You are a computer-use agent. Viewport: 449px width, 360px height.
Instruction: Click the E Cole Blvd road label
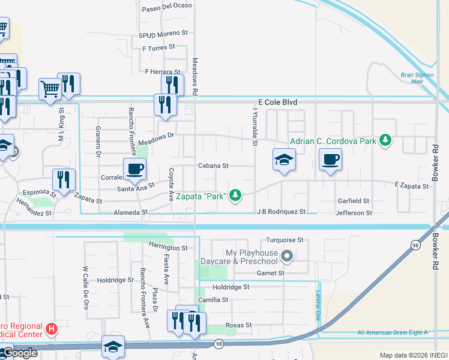click(x=278, y=103)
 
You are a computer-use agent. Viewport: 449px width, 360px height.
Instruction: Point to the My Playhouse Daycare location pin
click(x=287, y=257)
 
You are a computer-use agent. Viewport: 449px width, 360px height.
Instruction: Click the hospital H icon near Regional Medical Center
click(x=52, y=329)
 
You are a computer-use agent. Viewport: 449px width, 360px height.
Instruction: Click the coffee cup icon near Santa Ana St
click(x=134, y=168)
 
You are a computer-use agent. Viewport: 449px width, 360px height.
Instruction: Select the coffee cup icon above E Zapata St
click(x=330, y=160)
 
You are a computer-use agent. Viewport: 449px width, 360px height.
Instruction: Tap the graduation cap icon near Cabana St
click(x=284, y=160)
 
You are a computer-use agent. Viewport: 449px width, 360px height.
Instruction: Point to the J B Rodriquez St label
click(x=282, y=212)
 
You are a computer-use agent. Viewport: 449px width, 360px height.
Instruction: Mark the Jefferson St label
click(x=354, y=212)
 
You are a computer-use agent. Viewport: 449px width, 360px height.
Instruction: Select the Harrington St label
click(x=167, y=247)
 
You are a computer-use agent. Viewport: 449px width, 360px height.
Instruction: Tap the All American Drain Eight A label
click(x=392, y=332)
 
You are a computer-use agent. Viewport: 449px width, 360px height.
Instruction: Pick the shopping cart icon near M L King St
click(x=50, y=89)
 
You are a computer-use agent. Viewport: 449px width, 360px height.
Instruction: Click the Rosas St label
click(x=238, y=325)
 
